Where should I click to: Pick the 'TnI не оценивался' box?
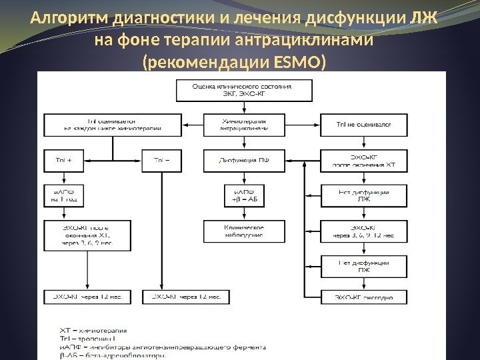pos(363,125)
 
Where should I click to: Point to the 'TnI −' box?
pos(161,160)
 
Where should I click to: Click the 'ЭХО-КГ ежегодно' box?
pos(363,297)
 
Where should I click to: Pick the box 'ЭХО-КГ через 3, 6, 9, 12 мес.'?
pos(363,231)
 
